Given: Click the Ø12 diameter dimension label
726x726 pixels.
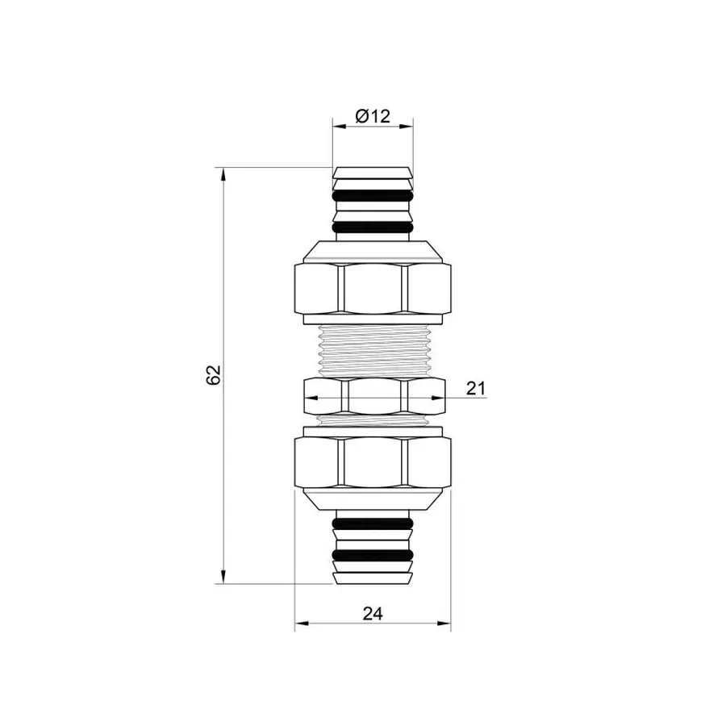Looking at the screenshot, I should (372, 116).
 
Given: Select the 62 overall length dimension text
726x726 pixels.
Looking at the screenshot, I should (213, 375).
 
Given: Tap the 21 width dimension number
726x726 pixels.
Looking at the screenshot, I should (476, 388).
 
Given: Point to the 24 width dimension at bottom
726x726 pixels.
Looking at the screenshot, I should (372, 613).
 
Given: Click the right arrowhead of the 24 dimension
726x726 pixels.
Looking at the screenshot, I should (445, 624).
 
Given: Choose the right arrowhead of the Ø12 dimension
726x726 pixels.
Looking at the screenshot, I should (408, 126).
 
